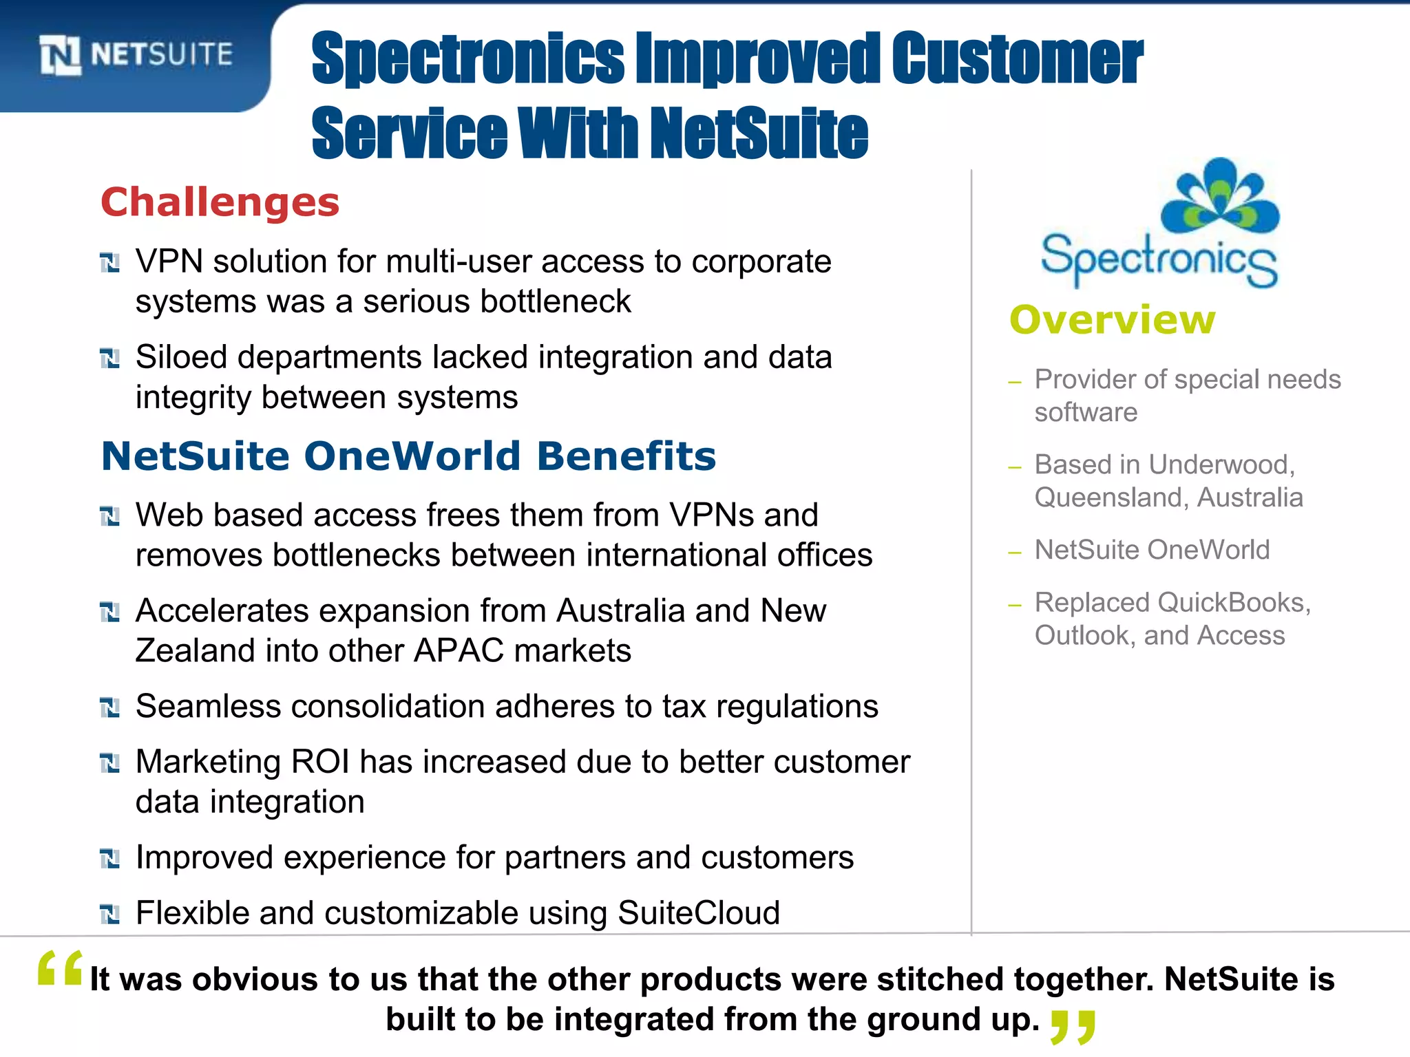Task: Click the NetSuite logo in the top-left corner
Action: point(136,54)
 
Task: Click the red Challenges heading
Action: point(220,202)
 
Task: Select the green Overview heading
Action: point(1113,320)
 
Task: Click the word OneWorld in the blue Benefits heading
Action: point(412,456)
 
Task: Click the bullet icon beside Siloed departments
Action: point(110,359)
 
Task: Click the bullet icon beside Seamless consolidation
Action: point(110,707)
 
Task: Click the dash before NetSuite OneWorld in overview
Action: point(1014,552)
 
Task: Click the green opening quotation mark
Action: point(60,968)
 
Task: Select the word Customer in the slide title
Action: point(1017,60)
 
